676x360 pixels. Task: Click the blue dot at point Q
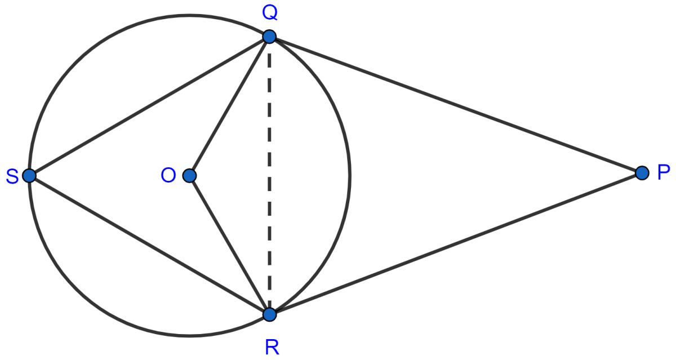[x=269, y=37]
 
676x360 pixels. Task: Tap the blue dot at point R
[x=269, y=315]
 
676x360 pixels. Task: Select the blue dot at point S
[x=29, y=176]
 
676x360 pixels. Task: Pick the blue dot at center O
[x=189, y=176]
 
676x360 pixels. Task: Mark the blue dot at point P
[x=642, y=173]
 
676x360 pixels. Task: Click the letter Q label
[x=269, y=14]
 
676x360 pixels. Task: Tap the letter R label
[x=272, y=347]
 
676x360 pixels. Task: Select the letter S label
[x=12, y=176]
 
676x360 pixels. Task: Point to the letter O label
[x=168, y=175]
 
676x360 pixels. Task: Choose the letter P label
[x=664, y=172]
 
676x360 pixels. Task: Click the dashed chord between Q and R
[x=269, y=176]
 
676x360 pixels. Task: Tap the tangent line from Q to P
[x=456, y=105]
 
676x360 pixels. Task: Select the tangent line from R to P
[x=456, y=244]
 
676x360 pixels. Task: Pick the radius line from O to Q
[x=229, y=106]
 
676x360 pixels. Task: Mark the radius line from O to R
[x=229, y=245]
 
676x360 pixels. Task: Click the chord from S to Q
[x=149, y=106]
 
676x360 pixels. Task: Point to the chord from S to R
[x=149, y=245]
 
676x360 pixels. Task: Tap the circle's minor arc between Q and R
[x=349, y=176]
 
